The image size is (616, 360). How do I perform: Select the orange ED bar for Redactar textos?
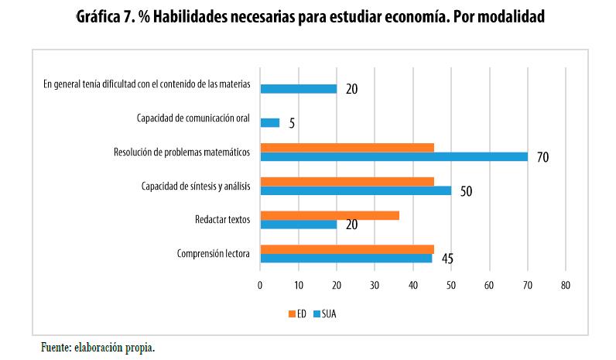[x=330, y=215]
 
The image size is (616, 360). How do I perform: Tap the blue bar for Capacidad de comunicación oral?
[x=270, y=122]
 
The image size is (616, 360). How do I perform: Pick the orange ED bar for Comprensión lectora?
[x=347, y=249]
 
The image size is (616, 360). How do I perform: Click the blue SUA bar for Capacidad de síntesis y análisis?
[x=355, y=190]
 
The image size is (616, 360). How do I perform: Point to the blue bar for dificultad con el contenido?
[x=299, y=88]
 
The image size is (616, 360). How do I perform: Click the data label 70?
[x=542, y=157]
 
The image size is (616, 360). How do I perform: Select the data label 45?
[x=447, y=259]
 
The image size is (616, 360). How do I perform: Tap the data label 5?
[x=292, y=123]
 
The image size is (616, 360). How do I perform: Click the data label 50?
[x=466, y=191]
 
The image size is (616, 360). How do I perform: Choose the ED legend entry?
[x=297, y=314]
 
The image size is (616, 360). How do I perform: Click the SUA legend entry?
[x=323, y=314]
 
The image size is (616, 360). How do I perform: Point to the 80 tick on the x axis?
[x=566, y=286]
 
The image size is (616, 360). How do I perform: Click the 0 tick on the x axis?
[x=261, y=286]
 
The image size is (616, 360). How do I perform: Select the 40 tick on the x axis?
[x=413, y=286]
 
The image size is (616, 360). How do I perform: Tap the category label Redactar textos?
[x=223, y=220]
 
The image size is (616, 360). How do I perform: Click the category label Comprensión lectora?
[x=213, y=254]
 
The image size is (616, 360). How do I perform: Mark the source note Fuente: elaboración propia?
[x=98, y=348]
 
